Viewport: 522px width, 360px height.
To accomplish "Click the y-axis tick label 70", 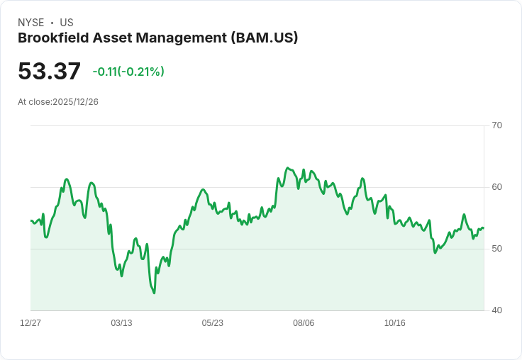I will tap(496, 125).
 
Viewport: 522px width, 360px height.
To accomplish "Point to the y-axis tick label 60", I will tap(496, 187).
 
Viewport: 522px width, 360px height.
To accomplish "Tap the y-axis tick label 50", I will tap(496, 249).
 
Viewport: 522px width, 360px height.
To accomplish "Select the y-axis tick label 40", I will tap(496, 310).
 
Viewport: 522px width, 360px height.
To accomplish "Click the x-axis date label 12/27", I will tap(30, 323).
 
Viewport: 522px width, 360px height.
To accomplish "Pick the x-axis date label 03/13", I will tap(121, 323).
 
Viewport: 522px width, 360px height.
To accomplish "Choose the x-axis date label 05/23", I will tap(212, 323).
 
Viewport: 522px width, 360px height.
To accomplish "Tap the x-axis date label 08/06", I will tap(304, 323).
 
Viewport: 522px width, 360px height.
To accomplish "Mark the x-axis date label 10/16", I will tap(394, 323).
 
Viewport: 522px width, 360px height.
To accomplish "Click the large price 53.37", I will tap(49, 72).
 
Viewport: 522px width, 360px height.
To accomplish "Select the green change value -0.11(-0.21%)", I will tap(128, 72).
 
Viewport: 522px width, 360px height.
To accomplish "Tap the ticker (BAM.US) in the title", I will tap(265, 38).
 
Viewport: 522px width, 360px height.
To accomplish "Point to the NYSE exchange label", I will tap(30, 23).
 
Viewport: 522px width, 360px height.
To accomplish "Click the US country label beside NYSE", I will tap(67, 23).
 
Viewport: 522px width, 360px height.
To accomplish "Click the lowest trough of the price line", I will tap(154, 293).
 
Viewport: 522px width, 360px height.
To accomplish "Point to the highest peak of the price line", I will tap(287, 168).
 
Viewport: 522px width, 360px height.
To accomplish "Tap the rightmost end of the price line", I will tap(484, 228).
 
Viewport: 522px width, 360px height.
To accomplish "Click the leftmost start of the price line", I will tap(31, 221).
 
